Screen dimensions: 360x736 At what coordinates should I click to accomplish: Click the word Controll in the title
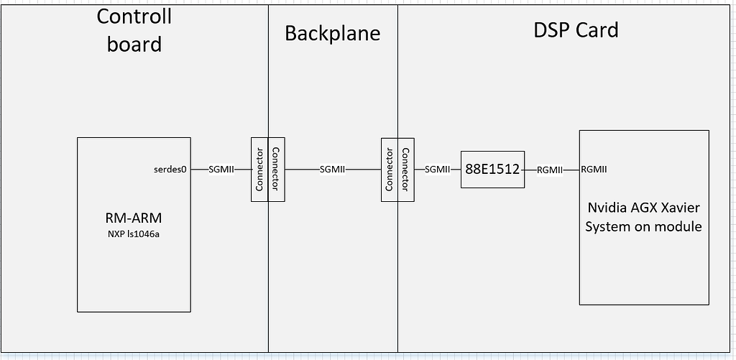[x=134, y=17]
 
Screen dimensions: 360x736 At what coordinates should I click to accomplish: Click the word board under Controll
[x=134, y=44]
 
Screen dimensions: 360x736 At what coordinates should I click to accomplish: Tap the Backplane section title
[x=332, y=33]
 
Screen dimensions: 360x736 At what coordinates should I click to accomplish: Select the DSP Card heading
[x=576, y=30]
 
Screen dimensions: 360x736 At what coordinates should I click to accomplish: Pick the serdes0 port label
[x=170, y=170]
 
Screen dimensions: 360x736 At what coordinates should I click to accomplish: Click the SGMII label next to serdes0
[x=221, y=170]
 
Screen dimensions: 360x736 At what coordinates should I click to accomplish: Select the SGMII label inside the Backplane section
[x=332, y=170]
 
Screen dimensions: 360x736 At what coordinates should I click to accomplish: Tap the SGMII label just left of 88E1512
[x=438, y=170]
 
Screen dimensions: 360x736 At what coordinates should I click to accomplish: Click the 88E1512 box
[x=492, y=170]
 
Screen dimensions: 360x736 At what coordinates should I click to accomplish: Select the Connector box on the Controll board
[x=259, y=170]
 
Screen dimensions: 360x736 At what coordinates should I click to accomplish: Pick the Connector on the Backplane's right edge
[x=390, y=170]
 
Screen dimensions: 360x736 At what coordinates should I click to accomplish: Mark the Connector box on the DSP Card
[x=406, y=170]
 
